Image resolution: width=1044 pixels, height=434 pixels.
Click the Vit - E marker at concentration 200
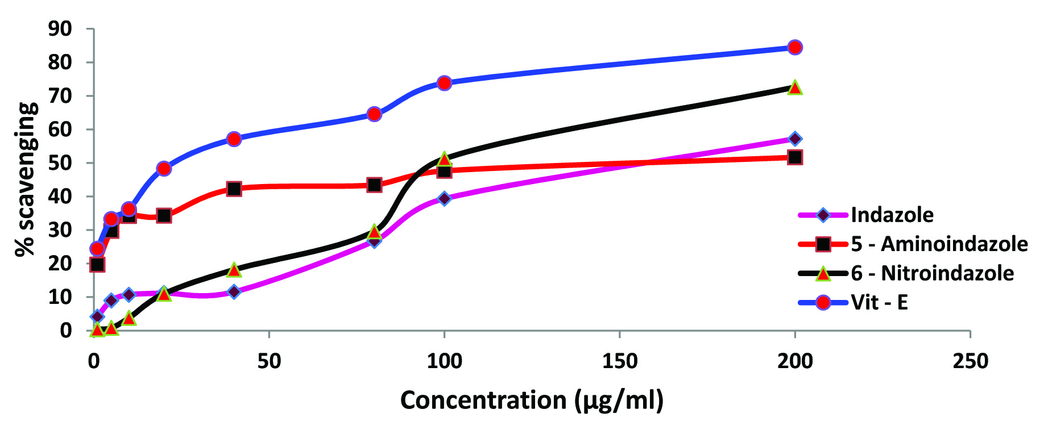click(795, 47)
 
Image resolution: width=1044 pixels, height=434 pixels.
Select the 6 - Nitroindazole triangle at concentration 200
click(795, 87)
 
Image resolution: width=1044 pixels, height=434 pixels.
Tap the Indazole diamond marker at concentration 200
click(795, 139)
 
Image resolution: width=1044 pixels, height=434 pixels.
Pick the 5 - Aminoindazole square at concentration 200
click(795, 157)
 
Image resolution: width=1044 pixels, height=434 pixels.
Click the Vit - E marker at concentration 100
click(444, 83)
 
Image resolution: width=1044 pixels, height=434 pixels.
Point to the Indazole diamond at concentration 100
click(444, 198)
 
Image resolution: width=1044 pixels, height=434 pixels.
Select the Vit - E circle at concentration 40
click(234, 139)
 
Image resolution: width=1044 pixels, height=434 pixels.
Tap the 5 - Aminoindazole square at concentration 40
click(234, 189)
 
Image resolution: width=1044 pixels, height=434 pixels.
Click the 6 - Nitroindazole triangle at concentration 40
click(234, 270)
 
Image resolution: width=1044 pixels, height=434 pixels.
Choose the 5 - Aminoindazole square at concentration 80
click(374, 185)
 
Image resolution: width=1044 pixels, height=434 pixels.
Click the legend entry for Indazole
click(892, 215)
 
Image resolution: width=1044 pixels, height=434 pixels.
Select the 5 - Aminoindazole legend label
click(939, 244)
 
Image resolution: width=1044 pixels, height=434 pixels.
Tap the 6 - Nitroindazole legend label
click(932, 273)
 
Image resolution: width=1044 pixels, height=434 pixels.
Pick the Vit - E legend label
click(879, 302)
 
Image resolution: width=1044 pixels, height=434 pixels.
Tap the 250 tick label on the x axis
click(970, 361)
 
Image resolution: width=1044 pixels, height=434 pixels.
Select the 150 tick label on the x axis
click(619, 361)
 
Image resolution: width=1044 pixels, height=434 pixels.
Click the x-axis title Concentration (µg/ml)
click(532, 400)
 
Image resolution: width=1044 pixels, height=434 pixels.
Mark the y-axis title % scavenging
click(26, 180)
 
